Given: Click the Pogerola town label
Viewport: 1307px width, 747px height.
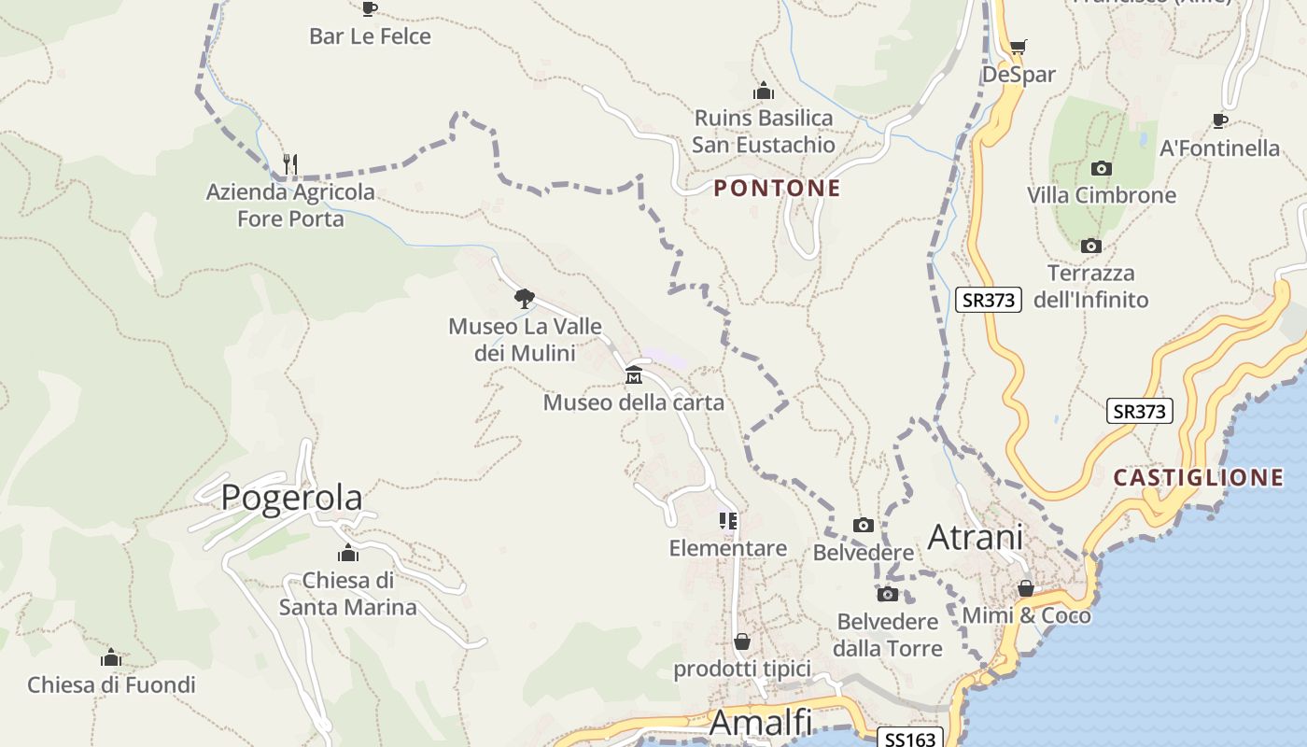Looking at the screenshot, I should (291, 498).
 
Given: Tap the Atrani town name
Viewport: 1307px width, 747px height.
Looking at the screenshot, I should (975, 537).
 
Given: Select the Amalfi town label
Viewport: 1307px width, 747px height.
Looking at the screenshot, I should (760, 723).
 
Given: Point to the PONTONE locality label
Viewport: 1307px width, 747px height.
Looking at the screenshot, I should (778, 189).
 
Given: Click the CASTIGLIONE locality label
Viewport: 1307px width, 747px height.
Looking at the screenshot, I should (1198, 478).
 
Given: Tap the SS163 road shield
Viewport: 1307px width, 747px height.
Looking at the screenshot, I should (910, 739).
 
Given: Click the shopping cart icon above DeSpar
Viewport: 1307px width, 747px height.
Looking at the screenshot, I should (1018, 47).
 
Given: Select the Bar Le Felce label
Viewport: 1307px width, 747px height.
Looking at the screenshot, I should (370, 36).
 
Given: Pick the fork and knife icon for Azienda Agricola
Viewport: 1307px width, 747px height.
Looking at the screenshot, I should (290, 164).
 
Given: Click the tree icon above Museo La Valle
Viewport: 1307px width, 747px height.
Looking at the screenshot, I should (525, 299).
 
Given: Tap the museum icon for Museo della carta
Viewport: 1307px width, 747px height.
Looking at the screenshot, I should (634, 375).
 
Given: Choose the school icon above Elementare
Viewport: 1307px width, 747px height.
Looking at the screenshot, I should (728, 521).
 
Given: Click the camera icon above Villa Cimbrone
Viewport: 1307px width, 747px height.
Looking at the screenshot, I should (1102, 169).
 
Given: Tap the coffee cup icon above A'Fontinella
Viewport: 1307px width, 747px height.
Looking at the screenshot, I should (1219, 120).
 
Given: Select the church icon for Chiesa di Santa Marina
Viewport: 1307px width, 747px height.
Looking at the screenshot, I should (348, 553).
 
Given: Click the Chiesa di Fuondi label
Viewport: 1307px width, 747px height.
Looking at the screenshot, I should (111, 685).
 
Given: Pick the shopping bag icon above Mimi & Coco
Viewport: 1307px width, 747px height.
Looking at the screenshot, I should (1025, 589).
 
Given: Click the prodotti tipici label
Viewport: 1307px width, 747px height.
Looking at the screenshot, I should (742, 669).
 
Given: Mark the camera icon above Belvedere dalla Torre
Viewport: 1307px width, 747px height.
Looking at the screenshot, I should (887, 594).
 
